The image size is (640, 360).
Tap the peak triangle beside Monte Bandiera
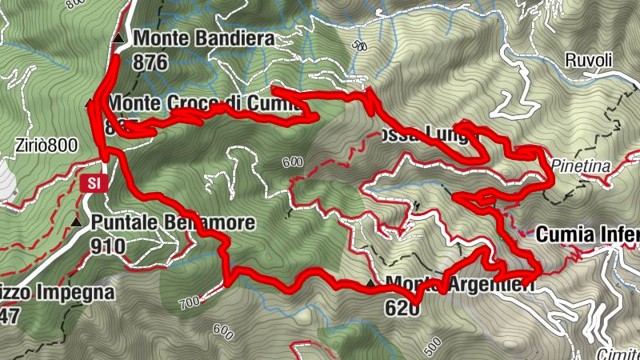coord(118,38)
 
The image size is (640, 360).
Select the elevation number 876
coord(151,62)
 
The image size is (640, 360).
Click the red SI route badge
coord(94,183)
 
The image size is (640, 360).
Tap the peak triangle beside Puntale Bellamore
coord(76,222)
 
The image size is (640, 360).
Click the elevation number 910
coord(108,246)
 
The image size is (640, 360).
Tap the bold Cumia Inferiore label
coord(588,234)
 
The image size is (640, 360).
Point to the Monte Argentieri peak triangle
coord(370,284)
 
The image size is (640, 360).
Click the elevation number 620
coord(402,306)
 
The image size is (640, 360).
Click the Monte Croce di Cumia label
coord(197,103)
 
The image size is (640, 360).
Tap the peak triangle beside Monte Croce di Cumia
coord(90,103)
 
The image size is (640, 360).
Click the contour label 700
coord(189,302)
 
